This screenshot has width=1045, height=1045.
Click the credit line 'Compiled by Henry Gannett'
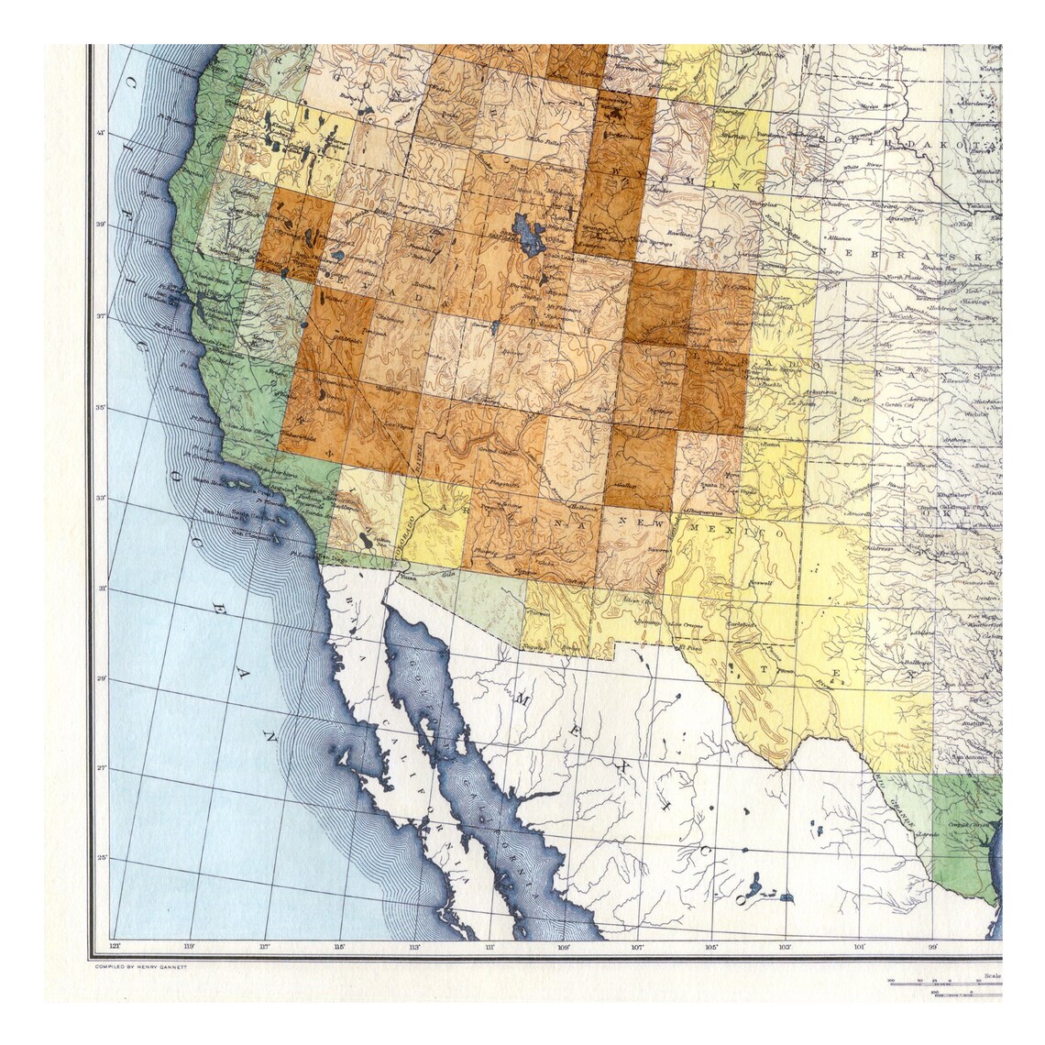coord(135,966)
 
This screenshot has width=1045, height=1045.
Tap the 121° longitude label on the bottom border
coord(115,946)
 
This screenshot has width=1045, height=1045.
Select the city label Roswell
coord(761,582)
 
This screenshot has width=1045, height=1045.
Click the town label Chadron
coord(835,204)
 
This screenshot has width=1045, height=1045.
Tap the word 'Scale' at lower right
coord(990,976)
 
